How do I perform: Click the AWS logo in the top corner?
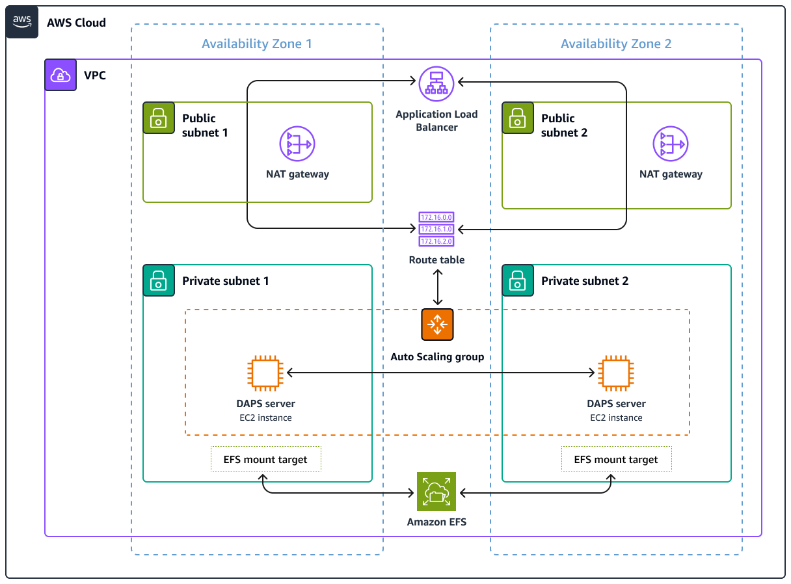click(x=22, y=22)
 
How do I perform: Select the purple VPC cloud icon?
click(x=60, y=75)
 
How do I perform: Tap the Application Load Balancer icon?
click(x=436, y=83)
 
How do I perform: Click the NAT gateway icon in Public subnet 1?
click(x=297, y=144)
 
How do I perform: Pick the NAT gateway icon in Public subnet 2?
click(x=671, y=144)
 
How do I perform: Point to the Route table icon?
click(x=436, y=230)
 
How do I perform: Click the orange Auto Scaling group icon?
click(x=437, y=325)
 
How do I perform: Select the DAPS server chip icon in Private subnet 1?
click(x=265, y=373)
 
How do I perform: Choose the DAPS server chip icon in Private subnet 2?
click(x=616, y=373)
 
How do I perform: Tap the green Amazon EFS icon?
click(x=436, y=492)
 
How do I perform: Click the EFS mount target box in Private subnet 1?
click(x=265, y=459)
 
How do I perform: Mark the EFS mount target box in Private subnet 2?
click(x=616, y=459)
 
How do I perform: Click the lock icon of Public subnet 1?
click(x=159, y=118)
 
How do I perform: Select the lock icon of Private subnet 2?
click(x=518, y=281)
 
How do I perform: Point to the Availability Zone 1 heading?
click(x=257, y=44)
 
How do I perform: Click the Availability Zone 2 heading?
click(x=616, y=44)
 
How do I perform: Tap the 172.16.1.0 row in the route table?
click(x=436, y=230)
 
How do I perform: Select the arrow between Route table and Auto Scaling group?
click(x=438, y=288)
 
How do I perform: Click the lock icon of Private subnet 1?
click(x=159, y=281)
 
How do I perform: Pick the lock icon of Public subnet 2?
click(x=518, y=118)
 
